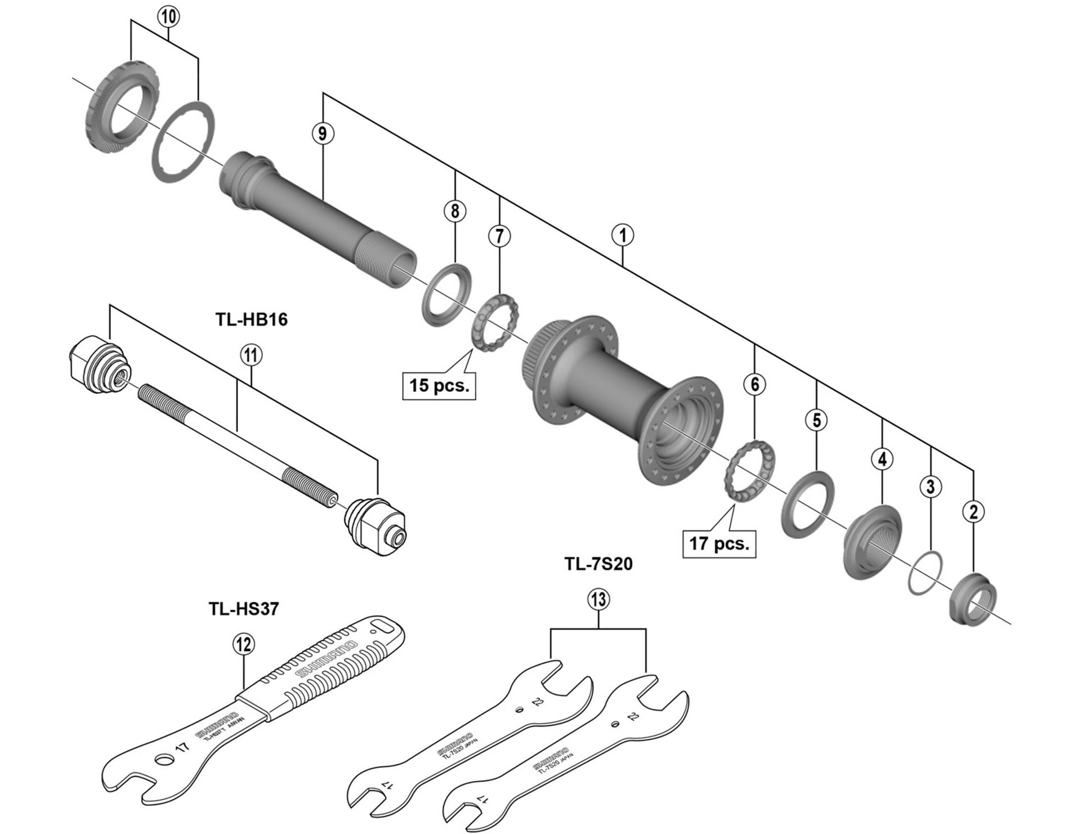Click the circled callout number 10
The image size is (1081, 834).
point(168,16)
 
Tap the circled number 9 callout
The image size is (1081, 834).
point(322,133)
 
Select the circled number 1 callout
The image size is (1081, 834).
point(622,235)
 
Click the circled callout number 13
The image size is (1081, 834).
point(598,599)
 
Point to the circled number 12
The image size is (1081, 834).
point(244,644)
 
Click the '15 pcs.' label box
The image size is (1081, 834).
point(439,385)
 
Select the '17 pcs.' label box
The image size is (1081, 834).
point(719,543)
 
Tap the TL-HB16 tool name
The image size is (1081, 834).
point(251,319)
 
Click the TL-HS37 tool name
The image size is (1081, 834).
point(244,609)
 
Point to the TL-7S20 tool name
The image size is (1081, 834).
point(598,564)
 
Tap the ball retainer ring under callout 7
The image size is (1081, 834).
point(494,322)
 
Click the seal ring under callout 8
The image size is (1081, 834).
point(446,294)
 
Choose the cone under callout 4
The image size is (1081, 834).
point(872,542)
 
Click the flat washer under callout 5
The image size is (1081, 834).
point(807,503)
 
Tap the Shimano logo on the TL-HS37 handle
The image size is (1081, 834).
point(327,658)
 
